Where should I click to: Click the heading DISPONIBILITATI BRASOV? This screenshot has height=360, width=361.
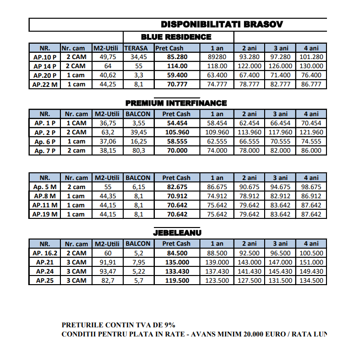[221, 24]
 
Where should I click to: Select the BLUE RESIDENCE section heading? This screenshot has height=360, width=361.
[176, 37]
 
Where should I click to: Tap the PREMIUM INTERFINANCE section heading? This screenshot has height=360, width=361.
[176, 103]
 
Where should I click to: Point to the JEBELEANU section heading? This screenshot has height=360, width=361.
[177, 232]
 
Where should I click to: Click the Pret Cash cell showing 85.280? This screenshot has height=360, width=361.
[176, 57]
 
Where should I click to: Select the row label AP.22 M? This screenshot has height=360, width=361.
[45, 84]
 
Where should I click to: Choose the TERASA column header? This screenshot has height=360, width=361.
[138, 48]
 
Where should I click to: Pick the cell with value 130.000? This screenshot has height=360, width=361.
[312, 66]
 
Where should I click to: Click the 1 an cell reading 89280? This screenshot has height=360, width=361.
[217, 57]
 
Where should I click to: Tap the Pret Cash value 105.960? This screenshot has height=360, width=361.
[176, 132]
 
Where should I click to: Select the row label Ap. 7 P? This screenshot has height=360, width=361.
[45, 151]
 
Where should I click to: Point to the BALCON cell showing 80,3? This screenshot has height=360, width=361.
[138, 151]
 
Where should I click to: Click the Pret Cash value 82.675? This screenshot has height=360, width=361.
[176, 187]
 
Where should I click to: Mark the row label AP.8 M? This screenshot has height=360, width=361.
[45, 196]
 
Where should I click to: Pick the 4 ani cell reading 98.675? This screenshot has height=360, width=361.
[312, 187]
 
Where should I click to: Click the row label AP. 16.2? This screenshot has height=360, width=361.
[45, 253]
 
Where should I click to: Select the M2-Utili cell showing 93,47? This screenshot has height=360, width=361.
[108, 271]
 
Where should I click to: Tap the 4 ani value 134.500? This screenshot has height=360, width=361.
[312, 280]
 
